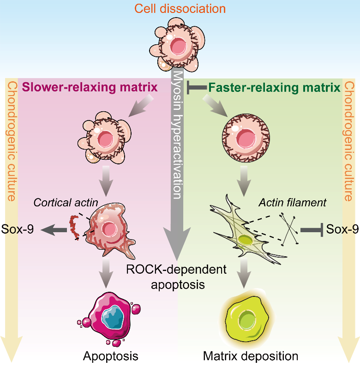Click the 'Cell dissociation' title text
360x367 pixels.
(180, 8)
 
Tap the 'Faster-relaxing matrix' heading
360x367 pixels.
(274, 87)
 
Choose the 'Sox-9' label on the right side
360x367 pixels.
(342, 228)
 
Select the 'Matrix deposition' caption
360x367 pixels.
(251, 356)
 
